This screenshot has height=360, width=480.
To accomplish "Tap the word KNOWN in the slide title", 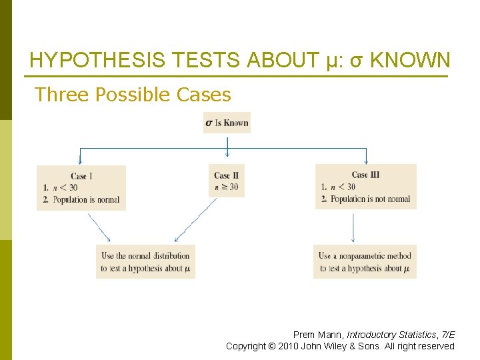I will click(410, 61).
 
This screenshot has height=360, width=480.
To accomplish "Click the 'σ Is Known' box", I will click(227, 123).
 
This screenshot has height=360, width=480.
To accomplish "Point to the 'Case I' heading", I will click(81, 176).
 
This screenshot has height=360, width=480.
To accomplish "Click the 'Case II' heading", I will click(227, 175).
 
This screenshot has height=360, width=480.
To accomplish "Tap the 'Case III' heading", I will click(365, 175).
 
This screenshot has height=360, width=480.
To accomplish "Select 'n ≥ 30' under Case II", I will click(227, 187).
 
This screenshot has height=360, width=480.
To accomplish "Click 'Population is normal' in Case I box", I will click(86, 199).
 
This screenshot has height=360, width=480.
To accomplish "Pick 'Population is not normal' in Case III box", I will click(370, 199).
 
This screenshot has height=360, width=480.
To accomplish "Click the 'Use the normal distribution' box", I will click(145, 261).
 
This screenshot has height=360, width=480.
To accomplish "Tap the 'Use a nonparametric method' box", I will click(365, 261).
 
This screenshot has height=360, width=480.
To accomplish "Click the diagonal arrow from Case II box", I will click(195, 221).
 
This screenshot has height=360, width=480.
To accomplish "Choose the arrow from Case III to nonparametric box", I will click(353, 227).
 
